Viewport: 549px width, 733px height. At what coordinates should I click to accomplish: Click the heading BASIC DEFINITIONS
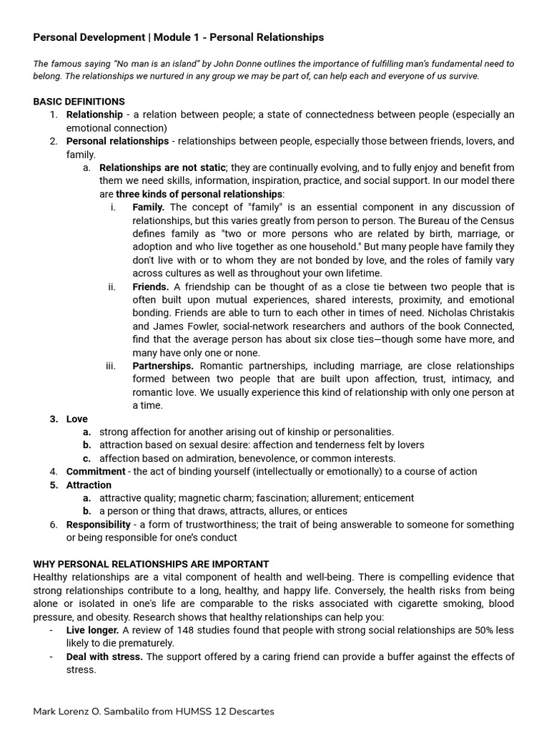tap(79, 102)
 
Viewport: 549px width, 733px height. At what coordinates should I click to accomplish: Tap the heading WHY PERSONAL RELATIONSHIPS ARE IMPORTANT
tap(151, 564)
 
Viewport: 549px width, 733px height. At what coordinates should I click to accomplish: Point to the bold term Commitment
tap(96, 471)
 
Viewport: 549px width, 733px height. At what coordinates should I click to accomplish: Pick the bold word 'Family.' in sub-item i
tap(148, 208)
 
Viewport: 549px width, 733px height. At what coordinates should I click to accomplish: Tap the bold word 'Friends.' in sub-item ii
tap(150, 286)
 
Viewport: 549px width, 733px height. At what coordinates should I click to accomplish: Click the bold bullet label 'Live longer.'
tap(92, 630)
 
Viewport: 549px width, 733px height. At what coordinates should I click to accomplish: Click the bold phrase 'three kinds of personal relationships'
tap(199, 194)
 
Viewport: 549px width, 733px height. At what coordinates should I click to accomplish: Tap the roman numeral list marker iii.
tap(111, 366)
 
